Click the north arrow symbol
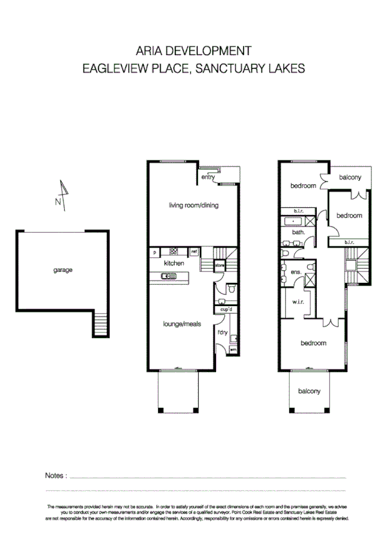coord(62,194)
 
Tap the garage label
coord(63,270)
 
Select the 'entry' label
coord(207,178)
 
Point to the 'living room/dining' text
coord(193,205)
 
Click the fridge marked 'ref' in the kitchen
coord(194,252)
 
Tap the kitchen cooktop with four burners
coord(174,252)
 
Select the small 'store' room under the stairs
coord(219,264)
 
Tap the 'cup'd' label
coord(226,310)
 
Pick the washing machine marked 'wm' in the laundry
coord(233,350)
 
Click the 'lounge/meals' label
coord(180,325)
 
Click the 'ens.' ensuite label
coord(296,272)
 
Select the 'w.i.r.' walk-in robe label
coord(298,302)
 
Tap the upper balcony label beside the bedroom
coord(350,178)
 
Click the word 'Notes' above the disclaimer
coord(55,475)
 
